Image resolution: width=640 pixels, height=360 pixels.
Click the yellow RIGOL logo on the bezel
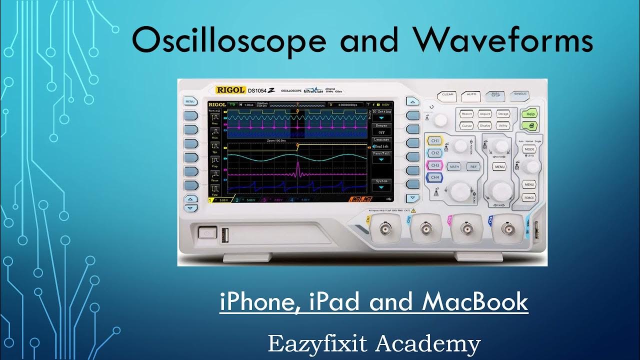tap(230, 90)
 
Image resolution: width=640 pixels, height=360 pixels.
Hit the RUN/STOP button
tap(495, 94)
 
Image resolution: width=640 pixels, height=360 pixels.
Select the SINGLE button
tap(520, 94)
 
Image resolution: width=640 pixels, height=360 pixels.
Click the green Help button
tap(530, 114)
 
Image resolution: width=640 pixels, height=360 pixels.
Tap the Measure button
tap(467, 114)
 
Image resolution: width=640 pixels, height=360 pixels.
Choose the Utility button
tap(503, 126)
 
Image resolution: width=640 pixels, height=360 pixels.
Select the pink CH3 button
tap(435, 165)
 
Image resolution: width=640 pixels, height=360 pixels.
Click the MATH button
tap(454, 166)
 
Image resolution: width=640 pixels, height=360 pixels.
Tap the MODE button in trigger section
tap(529, 149)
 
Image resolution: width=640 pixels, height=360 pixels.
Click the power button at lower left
tap(205, 233)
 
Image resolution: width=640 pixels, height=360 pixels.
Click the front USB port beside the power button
tap(223, 234)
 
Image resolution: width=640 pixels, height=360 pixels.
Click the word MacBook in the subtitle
tap(475, 302)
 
